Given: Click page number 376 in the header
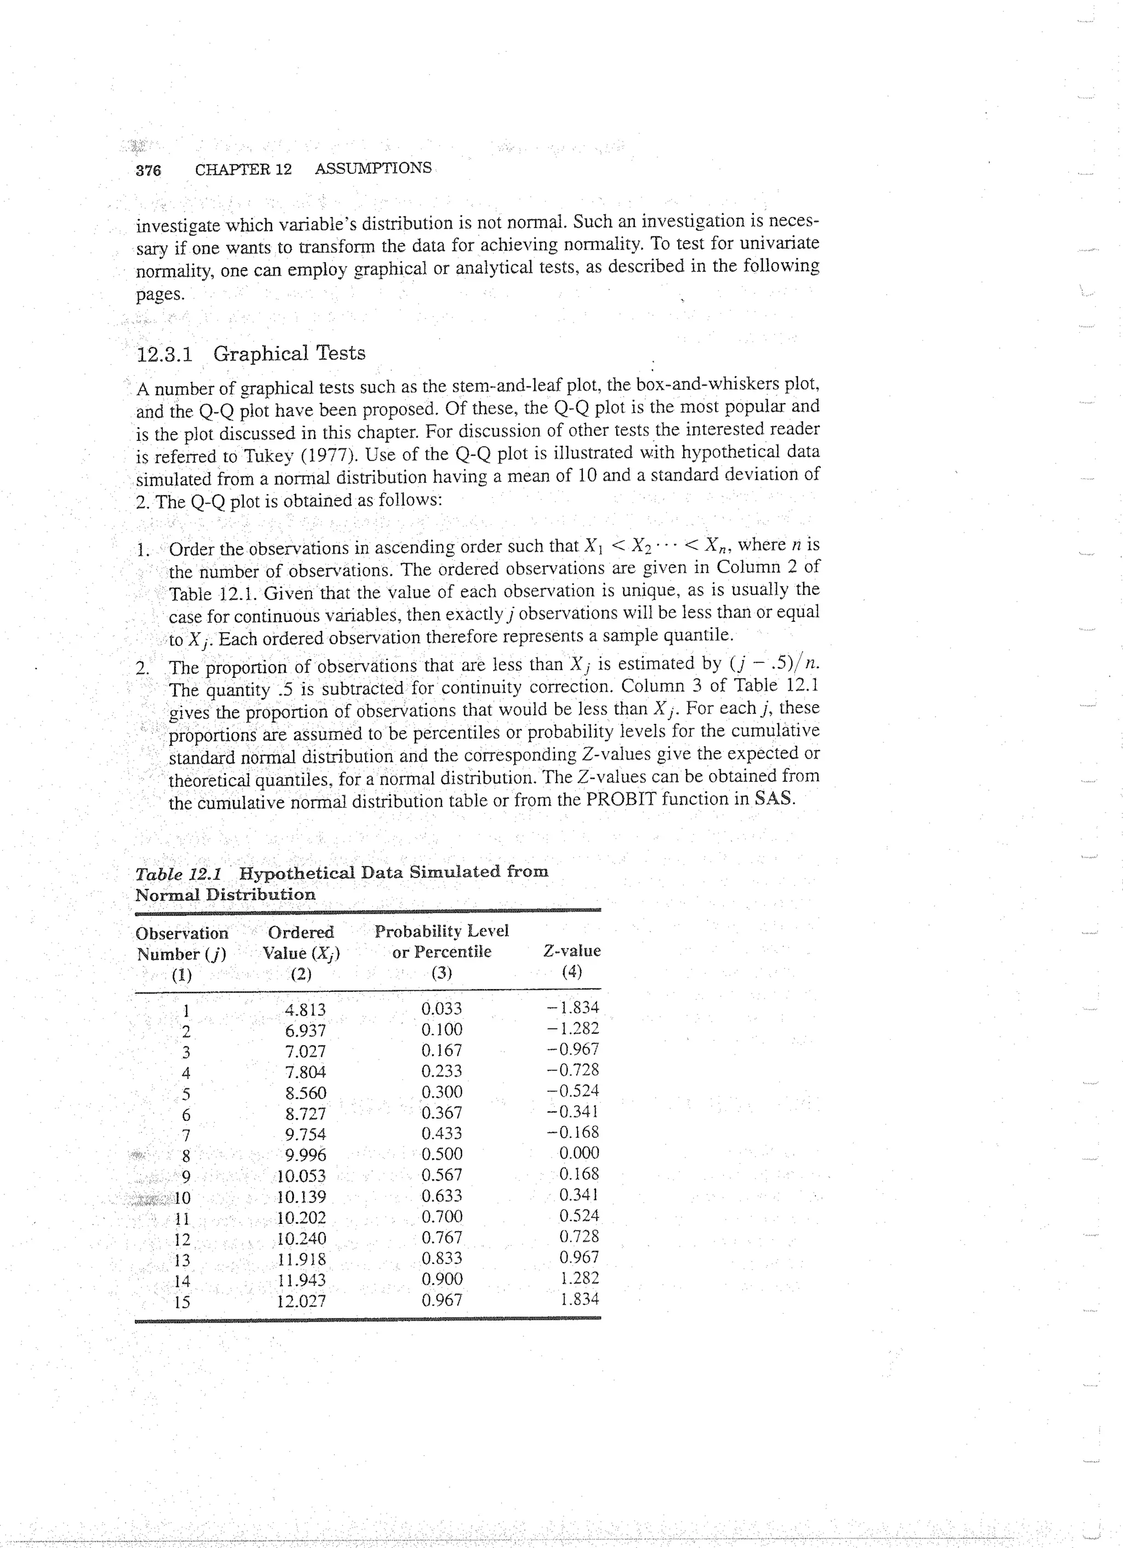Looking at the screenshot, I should pyautogui.click(x=148, y=171).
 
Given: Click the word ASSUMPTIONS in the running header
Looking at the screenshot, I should pyautogui.click(x=373, y=168).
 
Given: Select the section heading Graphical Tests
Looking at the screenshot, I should pyautogui.click(x=289, y=354).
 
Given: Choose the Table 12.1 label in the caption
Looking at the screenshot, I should pyautogui.click(x=182, y=874).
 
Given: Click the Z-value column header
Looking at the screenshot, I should pyautogui.click(x=571, y=951).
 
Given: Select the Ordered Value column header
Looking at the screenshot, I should pyautogui.click(x=301, y=943).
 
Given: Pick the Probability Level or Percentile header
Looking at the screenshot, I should pyautogui.click(x=442, y=941).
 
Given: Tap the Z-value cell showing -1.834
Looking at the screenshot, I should pyautogui.click(x=573, y=1007).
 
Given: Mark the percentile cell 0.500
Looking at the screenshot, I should pyautogui.click(x=442, y=1154).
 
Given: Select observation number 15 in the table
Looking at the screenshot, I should pyautogui.click(x=182, y=1302).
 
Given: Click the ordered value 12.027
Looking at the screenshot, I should pyautogui.click(x=301, y=1301).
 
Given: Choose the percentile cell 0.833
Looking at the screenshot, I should pyautogui.click(x=442, y=1258).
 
